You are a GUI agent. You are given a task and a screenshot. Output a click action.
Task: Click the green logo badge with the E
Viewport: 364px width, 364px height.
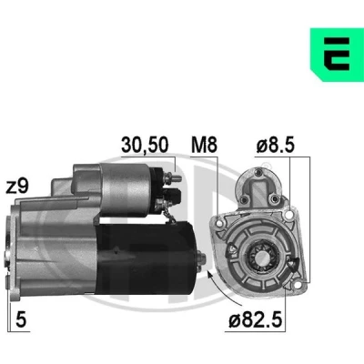[x=337, y=55]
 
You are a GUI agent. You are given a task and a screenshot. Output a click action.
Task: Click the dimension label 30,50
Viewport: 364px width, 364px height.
[x=145, y=145]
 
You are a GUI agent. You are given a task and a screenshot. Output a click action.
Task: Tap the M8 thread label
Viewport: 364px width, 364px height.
[x=204, y=145]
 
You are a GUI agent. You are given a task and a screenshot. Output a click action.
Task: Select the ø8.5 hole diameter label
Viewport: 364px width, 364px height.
[x=276, y=145]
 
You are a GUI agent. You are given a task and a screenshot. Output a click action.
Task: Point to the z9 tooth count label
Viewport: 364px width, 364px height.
[x=17, y=186]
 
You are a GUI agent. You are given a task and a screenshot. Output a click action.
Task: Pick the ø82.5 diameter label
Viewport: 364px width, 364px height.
[x=256, y=319]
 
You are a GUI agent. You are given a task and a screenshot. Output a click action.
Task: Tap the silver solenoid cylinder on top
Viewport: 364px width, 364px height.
[x=126, y=189]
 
